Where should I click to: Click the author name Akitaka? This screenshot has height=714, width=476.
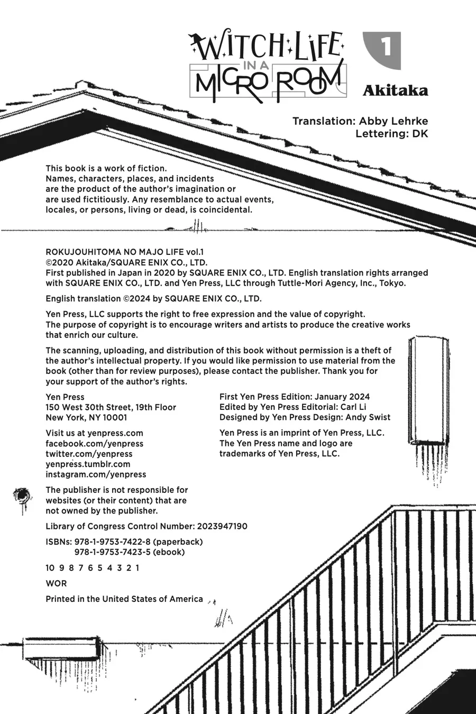(x=395, y=90)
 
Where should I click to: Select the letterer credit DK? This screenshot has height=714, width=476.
(x=420, y=134)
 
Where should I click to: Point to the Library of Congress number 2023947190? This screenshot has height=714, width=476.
(x=222, y=526)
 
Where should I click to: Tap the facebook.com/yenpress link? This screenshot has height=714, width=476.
(x=94, y=443)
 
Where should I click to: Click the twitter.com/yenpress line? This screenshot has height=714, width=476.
(x=89, y=454)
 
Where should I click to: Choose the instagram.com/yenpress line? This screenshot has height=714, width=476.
(x=96, y=474)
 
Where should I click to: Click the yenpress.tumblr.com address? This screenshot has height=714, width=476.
(x=88, y=464)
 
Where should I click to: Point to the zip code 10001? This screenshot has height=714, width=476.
(x=115, y=417)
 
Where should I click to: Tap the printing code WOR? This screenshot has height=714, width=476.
(x=56, y=583)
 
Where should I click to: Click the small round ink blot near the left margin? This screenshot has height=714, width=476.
(x=22, y=496)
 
